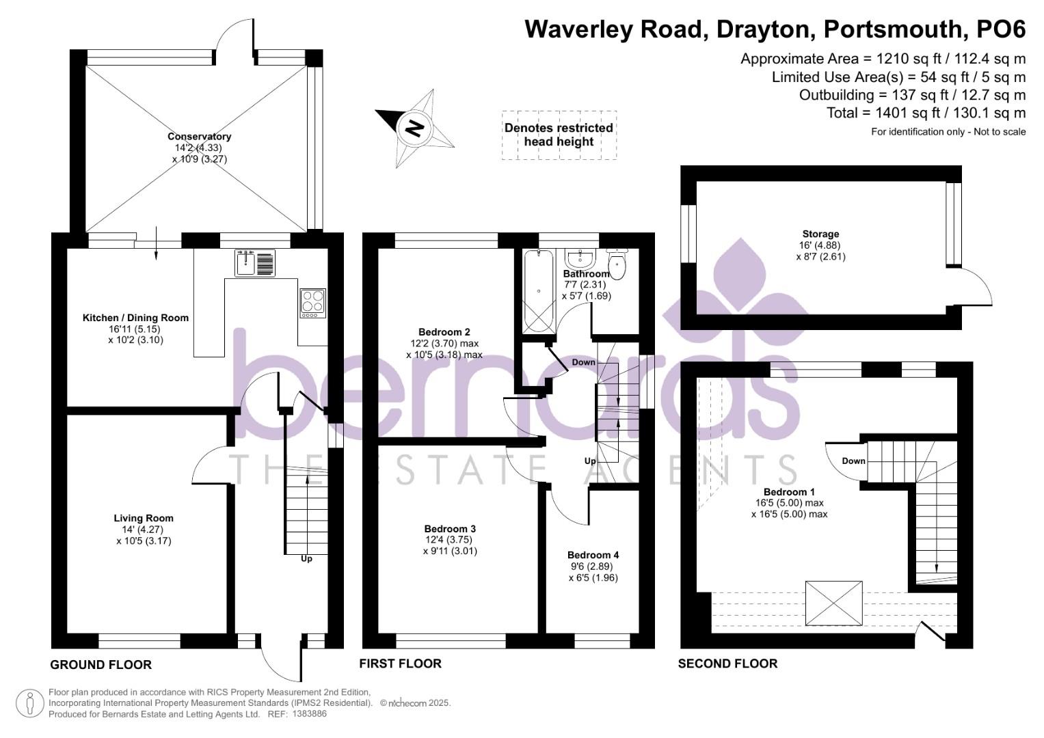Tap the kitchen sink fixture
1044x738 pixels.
[x=255, y=263]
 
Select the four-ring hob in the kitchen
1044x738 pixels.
[x=312, y=303]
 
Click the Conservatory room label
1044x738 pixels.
[x=199, y=137]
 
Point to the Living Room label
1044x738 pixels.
[x=144, y=518]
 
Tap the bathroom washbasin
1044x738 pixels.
[x=581, y=258]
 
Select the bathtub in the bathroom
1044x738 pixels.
[x=539, y=292]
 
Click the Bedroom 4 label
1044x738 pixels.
[x=593, y=555]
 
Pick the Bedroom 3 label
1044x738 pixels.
[x=449, y=529]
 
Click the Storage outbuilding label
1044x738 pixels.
[x=820, y=234]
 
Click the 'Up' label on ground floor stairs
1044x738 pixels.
[x=306, y=559]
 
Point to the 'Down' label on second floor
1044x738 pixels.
[x=853, y=461]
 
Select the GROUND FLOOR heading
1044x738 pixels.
[x=101, y=665]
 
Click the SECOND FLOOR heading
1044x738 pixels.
[x=727, y=664]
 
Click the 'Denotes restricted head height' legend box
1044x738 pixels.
[x=559, y=135]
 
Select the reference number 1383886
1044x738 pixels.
[x=309, y=714]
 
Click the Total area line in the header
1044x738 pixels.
[x=926, y=113]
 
